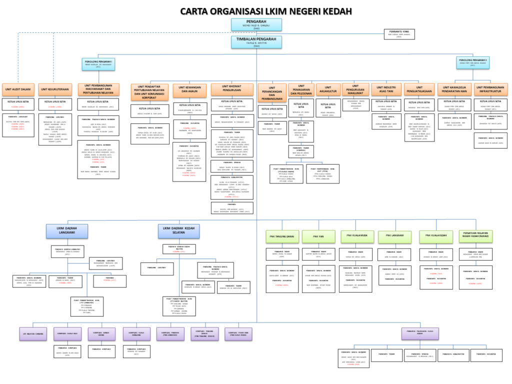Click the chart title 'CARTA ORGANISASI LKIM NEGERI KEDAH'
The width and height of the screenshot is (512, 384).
(265, 11)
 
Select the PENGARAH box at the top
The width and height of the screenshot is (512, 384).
(256, 24)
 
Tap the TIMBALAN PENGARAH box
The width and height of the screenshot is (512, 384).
(256, 42)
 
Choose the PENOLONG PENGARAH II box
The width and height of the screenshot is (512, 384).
(472, 62)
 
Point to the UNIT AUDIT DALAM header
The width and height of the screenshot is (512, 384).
(18, 89)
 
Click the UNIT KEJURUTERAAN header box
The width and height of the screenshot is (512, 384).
(54, 89)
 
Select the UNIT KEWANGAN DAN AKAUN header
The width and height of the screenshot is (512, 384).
(189, 90)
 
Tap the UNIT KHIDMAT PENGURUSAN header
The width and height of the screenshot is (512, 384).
(232, 89)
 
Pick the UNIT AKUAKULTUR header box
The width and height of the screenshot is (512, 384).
(327, 90)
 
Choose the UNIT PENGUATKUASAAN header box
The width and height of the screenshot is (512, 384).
(419, 89)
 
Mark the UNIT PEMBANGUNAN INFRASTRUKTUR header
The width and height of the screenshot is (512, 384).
(490, 89)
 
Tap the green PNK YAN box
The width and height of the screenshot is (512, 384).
(318, 236)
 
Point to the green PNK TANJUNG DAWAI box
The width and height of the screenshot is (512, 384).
(281, 236)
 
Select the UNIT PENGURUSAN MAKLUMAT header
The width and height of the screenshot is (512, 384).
(355, 89)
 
